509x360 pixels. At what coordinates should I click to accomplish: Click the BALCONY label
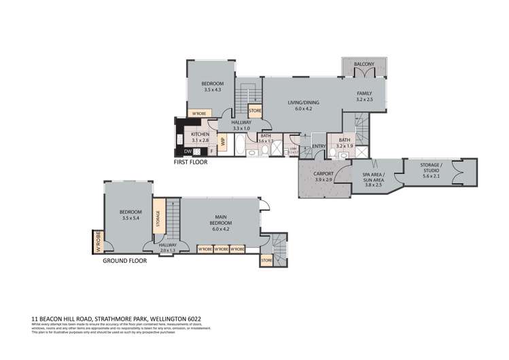click(x=364, y=65)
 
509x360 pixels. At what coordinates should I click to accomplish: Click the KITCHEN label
click(x=200, y=134)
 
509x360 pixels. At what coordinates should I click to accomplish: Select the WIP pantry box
click(x=222, y=141)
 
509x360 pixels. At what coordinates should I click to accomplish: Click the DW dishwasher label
click(x=187, y=151)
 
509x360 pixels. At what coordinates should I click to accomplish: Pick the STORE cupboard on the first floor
click(x=255, y=110)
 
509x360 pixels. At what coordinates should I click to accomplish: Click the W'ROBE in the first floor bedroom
click(x=198, y=113)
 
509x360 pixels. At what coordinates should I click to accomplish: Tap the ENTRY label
click(x=318, y=147)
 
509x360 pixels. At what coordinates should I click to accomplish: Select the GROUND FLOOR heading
click(x=124, y=260)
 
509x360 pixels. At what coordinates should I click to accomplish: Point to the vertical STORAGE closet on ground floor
click(x=158, y=219)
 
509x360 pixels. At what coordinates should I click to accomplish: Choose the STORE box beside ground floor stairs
click(x=266, y=259)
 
